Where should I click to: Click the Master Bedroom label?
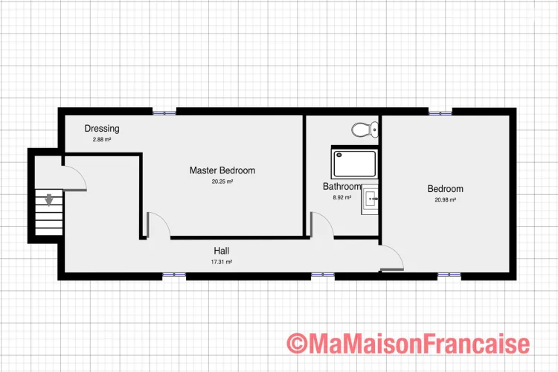click(222, 170)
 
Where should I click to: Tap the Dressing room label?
click(102, 129)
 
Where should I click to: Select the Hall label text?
click(222, 251)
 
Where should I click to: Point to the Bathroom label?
click(341, 186)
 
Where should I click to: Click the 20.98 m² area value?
click(445, 199)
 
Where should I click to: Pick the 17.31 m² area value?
click(222, 262)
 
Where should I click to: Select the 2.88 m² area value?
click(102, 140)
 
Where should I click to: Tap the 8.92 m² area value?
click(342, 197)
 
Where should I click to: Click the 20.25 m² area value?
click(222, 182)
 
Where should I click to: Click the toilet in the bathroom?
click(365, 129)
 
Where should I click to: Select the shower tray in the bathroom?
click(355, 164)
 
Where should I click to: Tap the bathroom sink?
click(370, 199)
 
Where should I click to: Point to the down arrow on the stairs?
click(49, 199)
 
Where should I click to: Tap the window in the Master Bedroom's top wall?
click(164, 112)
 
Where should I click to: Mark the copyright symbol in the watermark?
click(297, 343)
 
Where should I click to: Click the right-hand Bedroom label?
click(445, 189)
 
